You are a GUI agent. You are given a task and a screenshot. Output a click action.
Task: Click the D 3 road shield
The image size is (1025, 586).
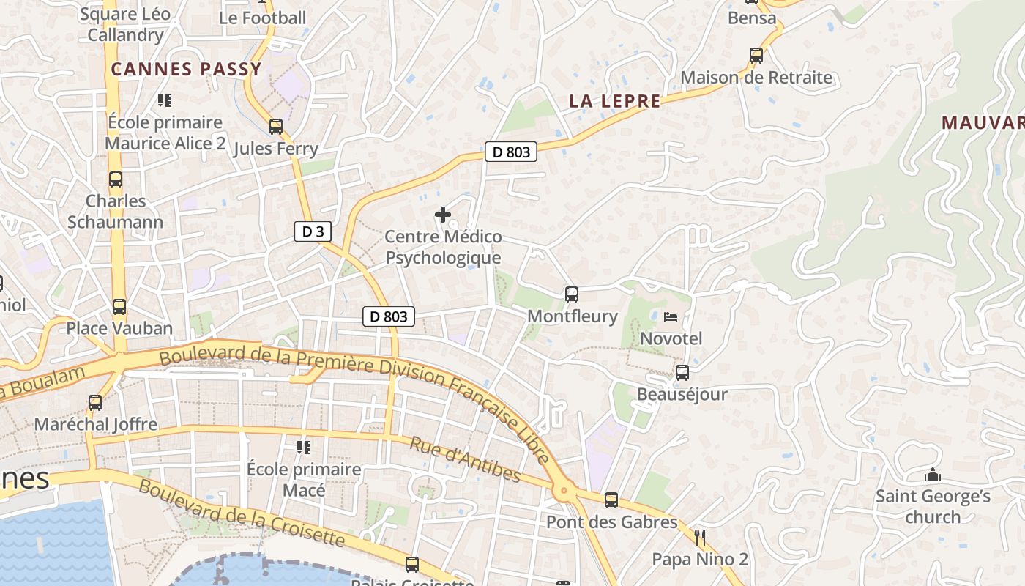pyautogui.click(x=313, y=232)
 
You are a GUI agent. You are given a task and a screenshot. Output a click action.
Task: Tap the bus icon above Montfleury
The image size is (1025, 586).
pyautogui.click(x=572, y=294)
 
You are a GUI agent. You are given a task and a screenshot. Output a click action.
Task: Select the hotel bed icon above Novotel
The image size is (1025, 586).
pyautogui.click(x=671, y=317)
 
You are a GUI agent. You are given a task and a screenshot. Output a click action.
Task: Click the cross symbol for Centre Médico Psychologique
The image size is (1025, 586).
pyautogui.click(x=443, y=215)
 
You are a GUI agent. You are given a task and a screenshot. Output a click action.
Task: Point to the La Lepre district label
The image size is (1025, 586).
pyautogui.click(x=615, y=102)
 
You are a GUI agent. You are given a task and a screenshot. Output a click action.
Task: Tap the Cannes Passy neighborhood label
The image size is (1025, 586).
pyautogui.click(x=186, y=70)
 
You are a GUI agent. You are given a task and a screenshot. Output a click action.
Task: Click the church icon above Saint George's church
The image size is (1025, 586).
pyautogui.click(x=933, y=475)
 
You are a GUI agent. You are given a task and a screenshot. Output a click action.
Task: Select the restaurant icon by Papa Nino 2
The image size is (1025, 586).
pyautogui.click(x=700, y=538)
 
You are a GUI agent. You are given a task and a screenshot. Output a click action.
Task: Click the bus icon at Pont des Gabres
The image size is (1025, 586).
pyautogui.click(x=611, y=500)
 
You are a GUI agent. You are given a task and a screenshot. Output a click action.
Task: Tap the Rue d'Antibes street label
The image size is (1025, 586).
pyautogui.click(x=465, y=460)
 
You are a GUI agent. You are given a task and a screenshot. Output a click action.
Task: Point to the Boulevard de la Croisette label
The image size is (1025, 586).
pyautogui.click(x=241, y=513)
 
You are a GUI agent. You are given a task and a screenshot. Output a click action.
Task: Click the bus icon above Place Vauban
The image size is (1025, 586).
pyautogui.click(x=119, y=307)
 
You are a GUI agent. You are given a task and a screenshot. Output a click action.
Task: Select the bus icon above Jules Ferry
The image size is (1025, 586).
pyautogui.click(x=276, y=127)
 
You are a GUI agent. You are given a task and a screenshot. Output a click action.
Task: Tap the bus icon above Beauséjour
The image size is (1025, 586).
pyautogui.click(x=682, y=373)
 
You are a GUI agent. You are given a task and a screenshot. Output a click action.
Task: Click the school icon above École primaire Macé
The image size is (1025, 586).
pyautogui.click(x=304, y=447)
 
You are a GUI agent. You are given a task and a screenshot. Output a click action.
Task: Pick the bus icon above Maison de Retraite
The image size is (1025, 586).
pyautogui.click(x=756, y=56)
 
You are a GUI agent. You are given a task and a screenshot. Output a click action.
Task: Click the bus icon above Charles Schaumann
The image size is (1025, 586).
pyautogui.click(x=116, y=179)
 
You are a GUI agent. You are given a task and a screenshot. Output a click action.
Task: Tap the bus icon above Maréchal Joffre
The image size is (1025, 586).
pyautogui.click(x=95, y=402)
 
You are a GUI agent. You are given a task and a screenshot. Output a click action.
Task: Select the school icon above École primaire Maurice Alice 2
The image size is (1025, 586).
pyautogui.click(x=165, y=100)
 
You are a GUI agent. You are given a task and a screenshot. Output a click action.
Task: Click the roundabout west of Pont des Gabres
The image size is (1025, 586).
pyautogui.click(x=564, y=491)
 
